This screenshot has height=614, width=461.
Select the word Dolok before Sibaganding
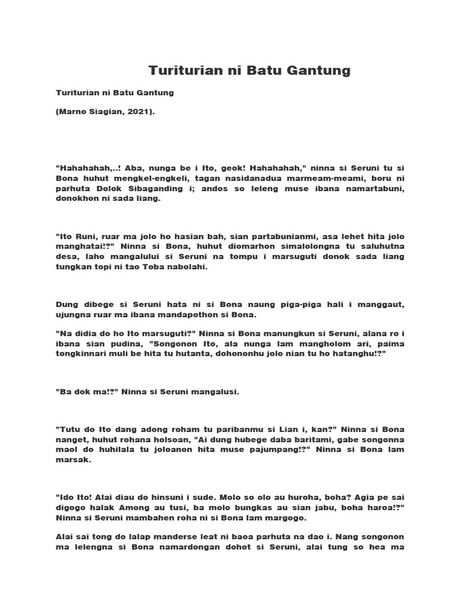(x=103, y=189)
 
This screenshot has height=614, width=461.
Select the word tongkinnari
(x=82, y=355)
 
